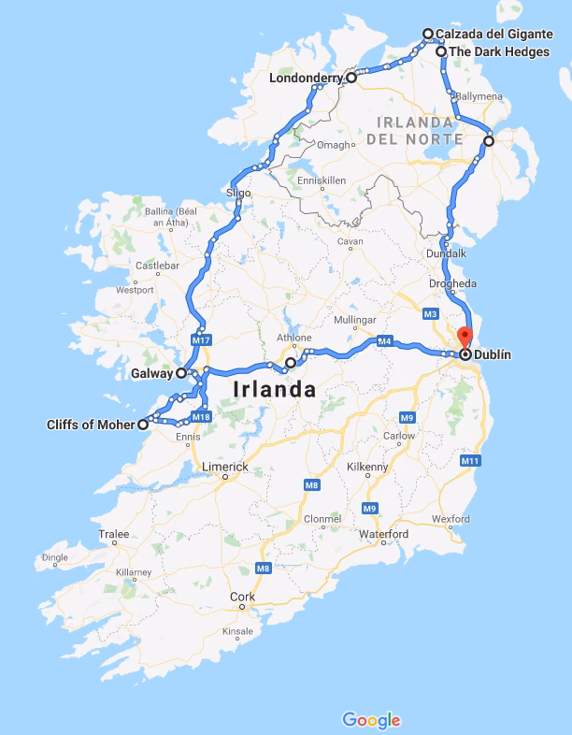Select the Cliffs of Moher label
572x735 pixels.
click(90, 425)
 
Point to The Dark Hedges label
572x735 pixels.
click(499, 51)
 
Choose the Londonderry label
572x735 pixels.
click(306, 79)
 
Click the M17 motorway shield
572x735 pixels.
click(200, 340)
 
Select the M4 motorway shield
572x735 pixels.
click(383, 341)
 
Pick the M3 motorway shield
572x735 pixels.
click(431, 312)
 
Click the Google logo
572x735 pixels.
click(371, 720)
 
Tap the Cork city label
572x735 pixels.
click(242, 597)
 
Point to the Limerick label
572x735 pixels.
click(225, 466)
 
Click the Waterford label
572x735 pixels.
click(384, 534)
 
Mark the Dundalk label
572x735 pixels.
click(447, 252)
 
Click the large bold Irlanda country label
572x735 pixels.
click(275, 389)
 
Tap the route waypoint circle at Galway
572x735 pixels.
click(181, 373)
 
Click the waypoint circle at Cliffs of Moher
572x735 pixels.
click(143, 425)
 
